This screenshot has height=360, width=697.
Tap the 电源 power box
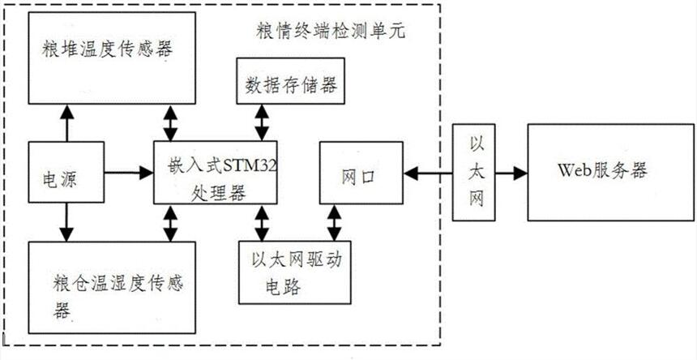pyautogui.click(x=66, y=174)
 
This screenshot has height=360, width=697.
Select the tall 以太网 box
pyautogui.click(x=476, y=173)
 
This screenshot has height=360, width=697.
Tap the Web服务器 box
pyautogui.click(x=609, y=172)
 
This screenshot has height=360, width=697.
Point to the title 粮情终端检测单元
pyautogui.click(x=329, y=32)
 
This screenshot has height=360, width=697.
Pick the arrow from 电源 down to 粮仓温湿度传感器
pyautogui.click(x=65, y=221)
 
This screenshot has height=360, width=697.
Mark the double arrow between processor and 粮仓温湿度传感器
pyautogui.click(x=171, y=223)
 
